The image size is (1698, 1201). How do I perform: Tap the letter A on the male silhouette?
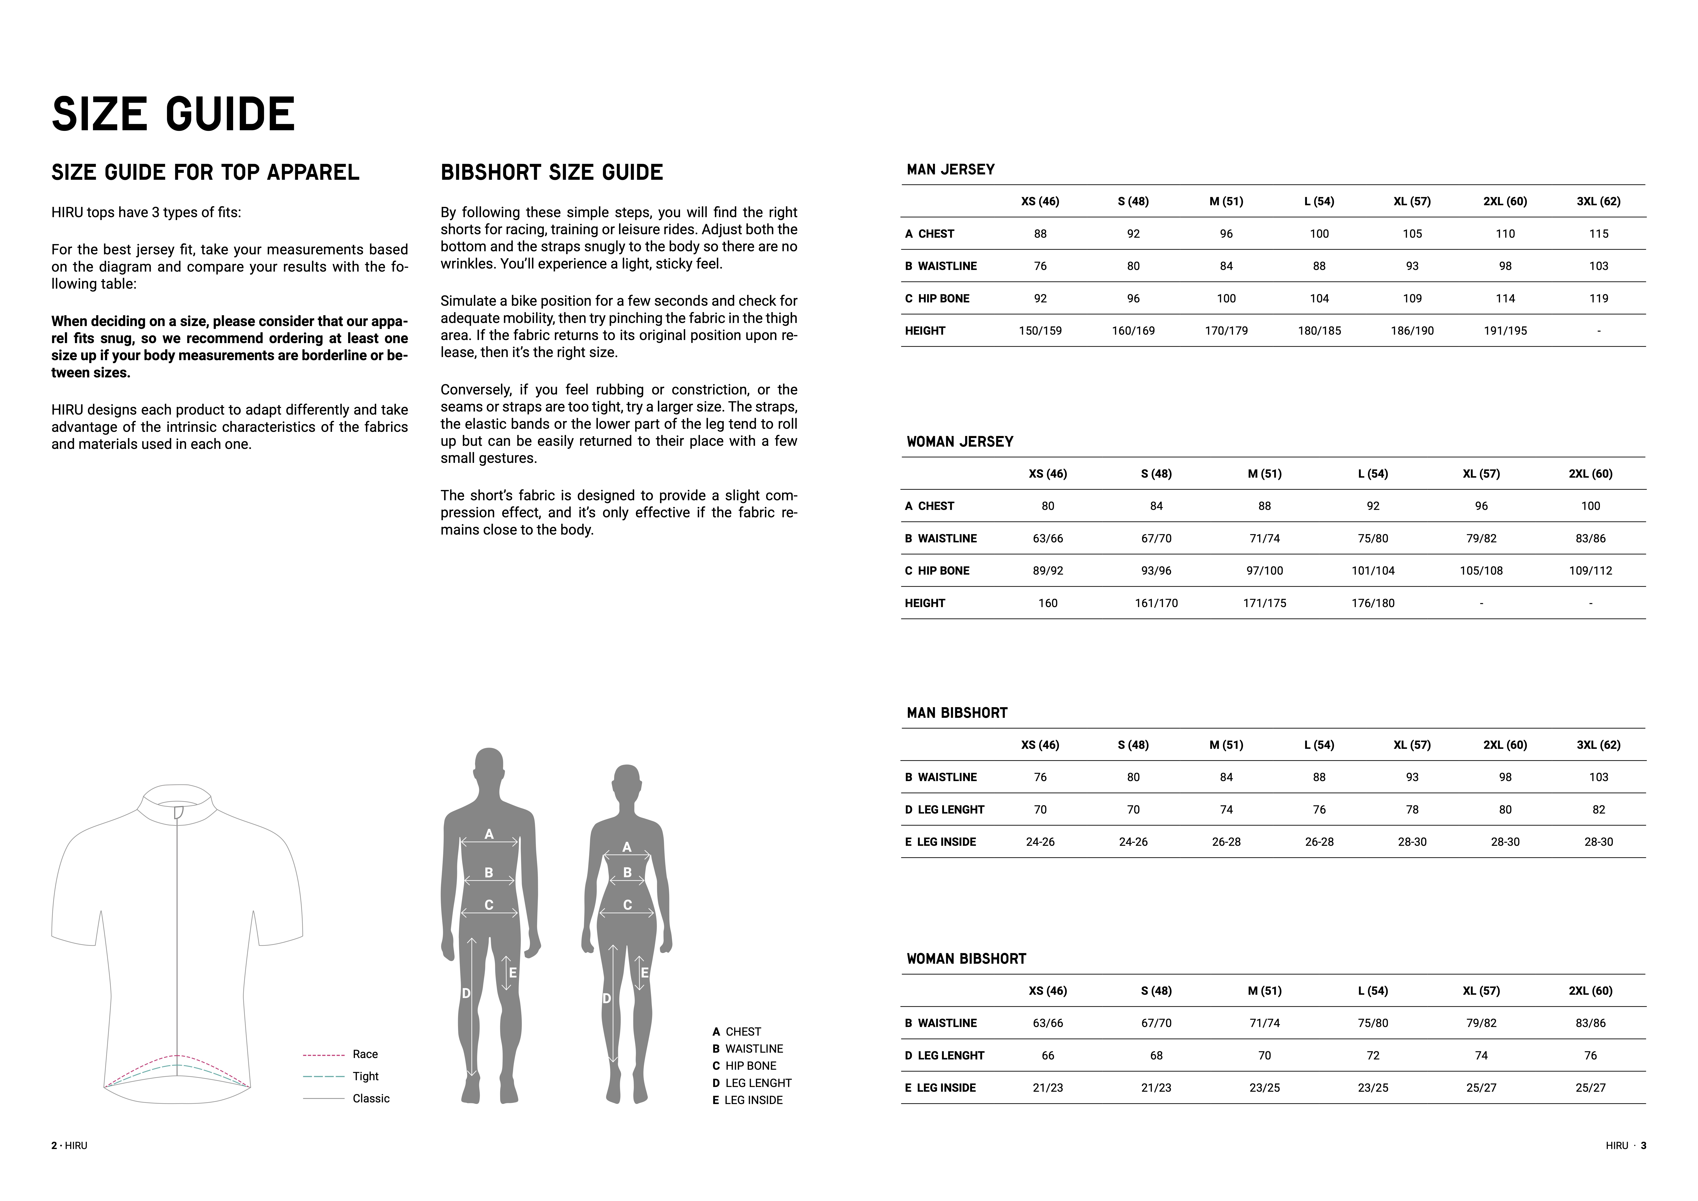pos(489,834)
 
